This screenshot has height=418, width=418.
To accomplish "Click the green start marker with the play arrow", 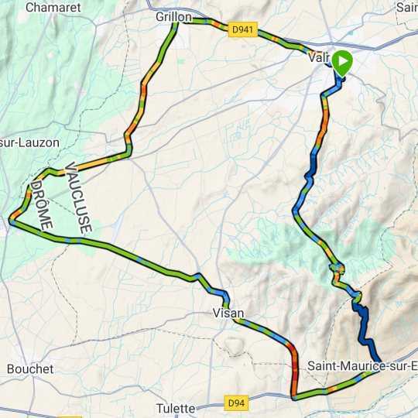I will (x=341, y=63).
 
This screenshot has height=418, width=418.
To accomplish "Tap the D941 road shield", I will (x=242, y=29).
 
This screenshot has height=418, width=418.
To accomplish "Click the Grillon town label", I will (x=173, y=16).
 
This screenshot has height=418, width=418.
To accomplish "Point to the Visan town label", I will (x=228, y=313).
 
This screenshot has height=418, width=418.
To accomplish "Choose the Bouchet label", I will (x=30, y=369).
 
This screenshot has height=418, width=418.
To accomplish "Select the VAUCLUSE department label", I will (x=80, y=197).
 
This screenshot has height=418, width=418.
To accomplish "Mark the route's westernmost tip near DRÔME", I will (x=10, y=222).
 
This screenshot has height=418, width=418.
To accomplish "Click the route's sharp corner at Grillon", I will (x=178, y=22).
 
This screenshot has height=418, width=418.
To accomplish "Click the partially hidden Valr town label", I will (x=318, y=57).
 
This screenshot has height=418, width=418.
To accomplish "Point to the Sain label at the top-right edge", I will (x=406, y=7).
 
